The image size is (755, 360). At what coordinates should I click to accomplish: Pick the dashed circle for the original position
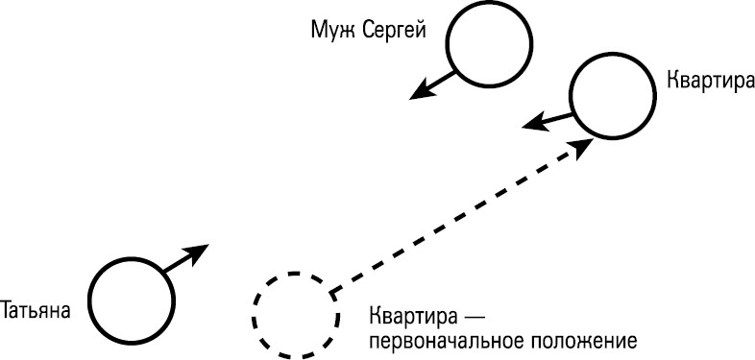click(295, 314)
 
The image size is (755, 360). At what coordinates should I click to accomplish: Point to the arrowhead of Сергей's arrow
click(419, 93)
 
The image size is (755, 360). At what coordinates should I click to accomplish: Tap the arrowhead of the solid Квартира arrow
click(532, 123)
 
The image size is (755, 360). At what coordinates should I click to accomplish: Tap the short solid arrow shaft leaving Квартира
click(555, 117)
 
